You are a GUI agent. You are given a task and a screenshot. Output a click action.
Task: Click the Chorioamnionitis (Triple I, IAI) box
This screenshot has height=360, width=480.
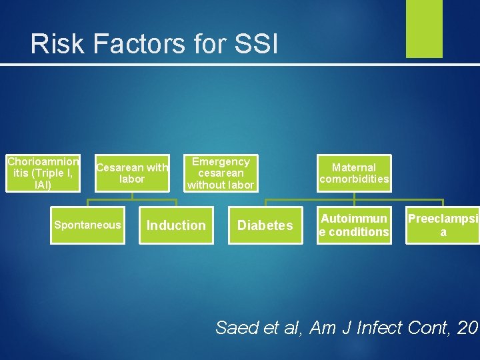pyautogui.click(x=43, y=173)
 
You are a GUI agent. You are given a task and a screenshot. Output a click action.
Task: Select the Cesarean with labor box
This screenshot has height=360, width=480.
pyautogui.click(x=132, y=173)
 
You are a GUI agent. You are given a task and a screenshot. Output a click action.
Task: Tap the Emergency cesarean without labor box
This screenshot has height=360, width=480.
pyautogui.click(x=221, y=173)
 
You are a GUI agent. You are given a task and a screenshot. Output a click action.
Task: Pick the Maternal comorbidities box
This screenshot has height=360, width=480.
pyautogui.click(x=354, y=173)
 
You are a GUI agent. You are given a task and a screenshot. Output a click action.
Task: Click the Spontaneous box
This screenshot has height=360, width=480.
pyautogui.click(x=88, y=225)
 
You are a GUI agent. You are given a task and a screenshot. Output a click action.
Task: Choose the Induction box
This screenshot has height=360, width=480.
pyautogui.click(x=176, y=225)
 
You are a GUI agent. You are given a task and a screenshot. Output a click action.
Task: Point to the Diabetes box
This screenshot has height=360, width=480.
pyautogui.click(x=265, y=225)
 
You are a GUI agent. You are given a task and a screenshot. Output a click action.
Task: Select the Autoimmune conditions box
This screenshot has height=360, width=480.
pyautogui.click(x=354, y=225)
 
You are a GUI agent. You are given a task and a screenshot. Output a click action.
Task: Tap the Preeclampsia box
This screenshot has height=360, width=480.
pyautogui.click(x=443, y=225)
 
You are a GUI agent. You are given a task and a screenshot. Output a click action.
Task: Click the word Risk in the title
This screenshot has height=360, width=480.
pyautogui.click(x=58, y=44)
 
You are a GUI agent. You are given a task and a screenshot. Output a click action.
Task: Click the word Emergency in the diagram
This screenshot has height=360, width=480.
pyautogui.click(x=221, y=162)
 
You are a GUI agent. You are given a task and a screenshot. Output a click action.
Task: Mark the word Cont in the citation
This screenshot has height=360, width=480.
pyautogui.click(x=431, y=327)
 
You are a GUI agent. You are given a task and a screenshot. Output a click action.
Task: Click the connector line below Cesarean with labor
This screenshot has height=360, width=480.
pyautogui.click(x=132, y=199)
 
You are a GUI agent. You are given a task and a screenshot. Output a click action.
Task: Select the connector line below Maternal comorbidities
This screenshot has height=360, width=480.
pyautogui.click(x=354, y=199)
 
